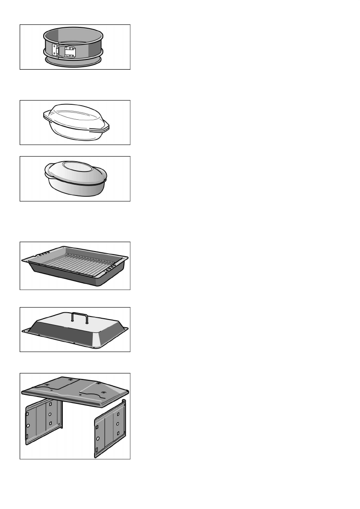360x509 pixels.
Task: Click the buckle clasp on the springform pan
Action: (x=68, y=52)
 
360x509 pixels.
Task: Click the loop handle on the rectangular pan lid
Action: (x=79, y=317)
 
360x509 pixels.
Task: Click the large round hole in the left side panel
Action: (x=29, y=426)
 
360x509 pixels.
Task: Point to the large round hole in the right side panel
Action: (x=98, y=438)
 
